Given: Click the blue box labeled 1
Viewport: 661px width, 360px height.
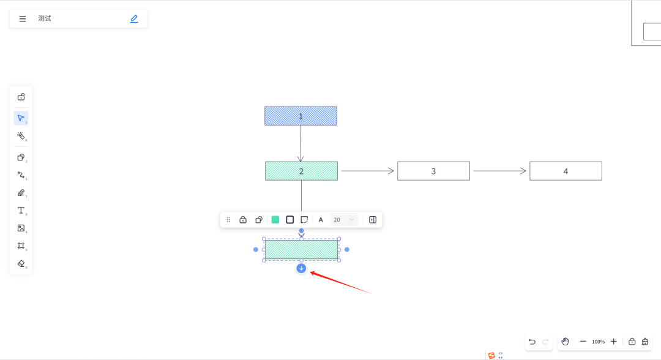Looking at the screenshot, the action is [x=301, y=116].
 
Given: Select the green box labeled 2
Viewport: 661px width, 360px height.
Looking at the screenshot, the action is [x=301, y=171].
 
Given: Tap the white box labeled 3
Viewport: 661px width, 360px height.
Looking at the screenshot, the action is [x=433, y=171].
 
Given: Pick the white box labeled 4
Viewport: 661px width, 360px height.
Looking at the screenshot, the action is [x=566, y=171].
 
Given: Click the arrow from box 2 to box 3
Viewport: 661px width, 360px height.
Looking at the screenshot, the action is [x=367, y=171].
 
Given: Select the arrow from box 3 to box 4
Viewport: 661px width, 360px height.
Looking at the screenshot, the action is [x=499, y=171].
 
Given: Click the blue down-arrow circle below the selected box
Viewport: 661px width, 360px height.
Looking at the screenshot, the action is [x=301, y=268].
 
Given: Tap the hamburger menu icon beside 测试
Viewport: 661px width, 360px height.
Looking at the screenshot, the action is [x=23, y=19].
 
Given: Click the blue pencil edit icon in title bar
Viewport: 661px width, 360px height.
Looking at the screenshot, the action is [x=134, y=19].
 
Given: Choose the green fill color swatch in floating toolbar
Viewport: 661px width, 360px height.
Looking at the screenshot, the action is [x=275, y=220].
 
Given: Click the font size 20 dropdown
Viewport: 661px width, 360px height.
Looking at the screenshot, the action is [x=344, y=220].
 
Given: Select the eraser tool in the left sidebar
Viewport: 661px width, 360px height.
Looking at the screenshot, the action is [x=21, y=263].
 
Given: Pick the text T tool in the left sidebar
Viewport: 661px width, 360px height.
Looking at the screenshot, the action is [x=21, y=211].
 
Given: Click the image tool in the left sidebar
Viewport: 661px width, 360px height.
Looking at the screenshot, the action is [x=21, y=228].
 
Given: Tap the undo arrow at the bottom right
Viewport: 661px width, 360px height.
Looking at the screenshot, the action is [x=532, y=342].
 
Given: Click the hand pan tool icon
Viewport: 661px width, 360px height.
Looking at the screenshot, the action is [x=565, y=342].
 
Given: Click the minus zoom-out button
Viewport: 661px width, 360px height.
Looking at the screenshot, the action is [x=583, y=342].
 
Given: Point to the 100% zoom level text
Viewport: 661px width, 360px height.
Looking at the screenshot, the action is [x=598, y=342].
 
